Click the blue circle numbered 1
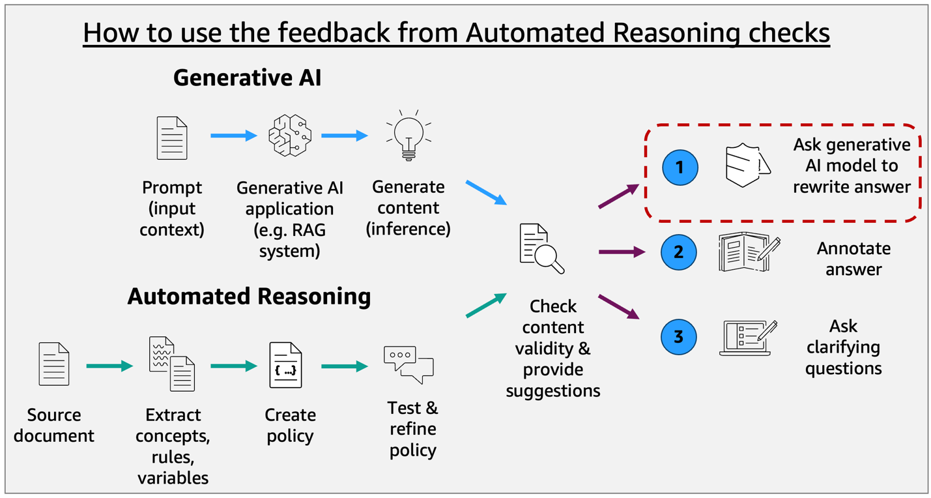680,168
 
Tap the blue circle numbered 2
679,252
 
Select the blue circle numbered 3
679,337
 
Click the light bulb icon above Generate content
408,136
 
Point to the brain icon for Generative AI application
290,136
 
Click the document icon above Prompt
172,138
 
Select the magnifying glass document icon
541,248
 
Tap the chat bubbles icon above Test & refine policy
408,364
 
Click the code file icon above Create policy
285,366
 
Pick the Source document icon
53,364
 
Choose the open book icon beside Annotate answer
749,252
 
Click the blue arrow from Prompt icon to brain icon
233,136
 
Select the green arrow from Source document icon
109,366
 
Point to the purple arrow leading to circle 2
621,252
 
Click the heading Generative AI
247,78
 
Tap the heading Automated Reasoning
249,296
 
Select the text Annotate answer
853,259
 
